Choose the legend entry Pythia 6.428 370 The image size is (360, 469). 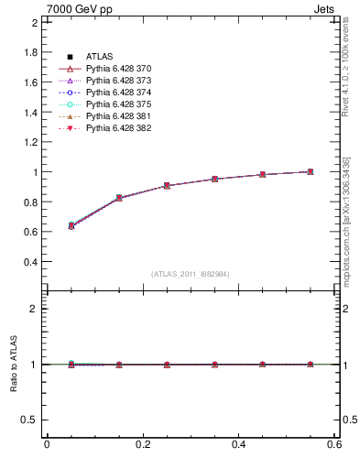(x=118, y=70)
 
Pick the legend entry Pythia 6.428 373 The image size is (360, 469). (x=118, y=81)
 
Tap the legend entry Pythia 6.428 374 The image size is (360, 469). (x=118, y=93)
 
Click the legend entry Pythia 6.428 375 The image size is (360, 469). (x=118, y=104)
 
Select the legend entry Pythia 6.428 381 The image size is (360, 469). (x=118, y=116)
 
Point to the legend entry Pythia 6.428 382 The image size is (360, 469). (x=118, y=128)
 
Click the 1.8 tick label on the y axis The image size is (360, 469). (x=30, y=52)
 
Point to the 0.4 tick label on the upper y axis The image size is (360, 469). (x=30, y=261)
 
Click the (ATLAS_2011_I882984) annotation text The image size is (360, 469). (x=191, y=274)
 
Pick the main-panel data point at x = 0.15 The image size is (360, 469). (x=119, y=198)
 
